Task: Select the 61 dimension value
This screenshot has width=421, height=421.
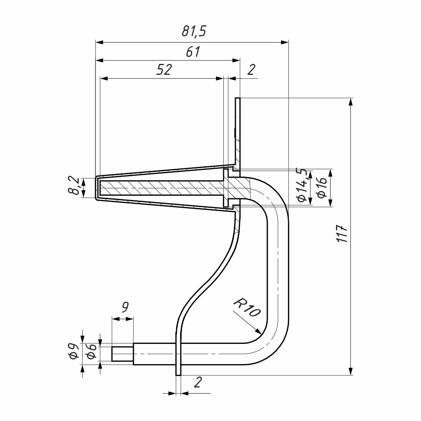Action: point(193,51)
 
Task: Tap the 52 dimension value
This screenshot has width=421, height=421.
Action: point(164,70)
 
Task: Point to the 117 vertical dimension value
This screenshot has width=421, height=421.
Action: point(342,234)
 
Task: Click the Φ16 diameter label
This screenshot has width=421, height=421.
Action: point(322,188)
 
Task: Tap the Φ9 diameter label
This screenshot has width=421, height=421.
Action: point(73,352)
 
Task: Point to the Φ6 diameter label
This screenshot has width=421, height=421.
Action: point(92,351)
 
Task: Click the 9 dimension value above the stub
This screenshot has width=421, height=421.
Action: point(125,307)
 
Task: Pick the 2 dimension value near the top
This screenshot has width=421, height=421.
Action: point(251,70)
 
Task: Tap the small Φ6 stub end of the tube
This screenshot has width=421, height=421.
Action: point(122,354)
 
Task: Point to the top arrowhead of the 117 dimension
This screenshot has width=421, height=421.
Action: point(350,98)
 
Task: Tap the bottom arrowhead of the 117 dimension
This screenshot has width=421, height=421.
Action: point(350,375)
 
